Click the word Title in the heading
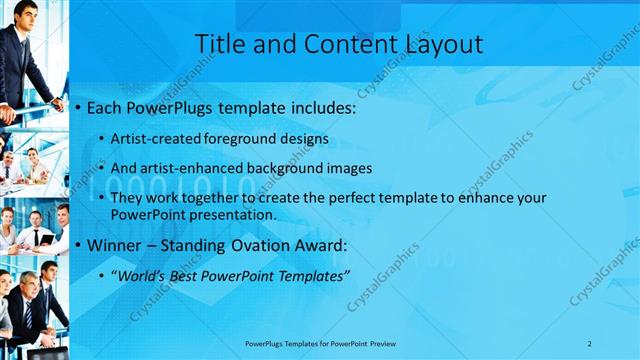click(217, 44)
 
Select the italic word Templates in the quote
click(311, 275)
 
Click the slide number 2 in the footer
click(589, 343)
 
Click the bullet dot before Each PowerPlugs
click(79, 106)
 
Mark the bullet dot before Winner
click(79, 245)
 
